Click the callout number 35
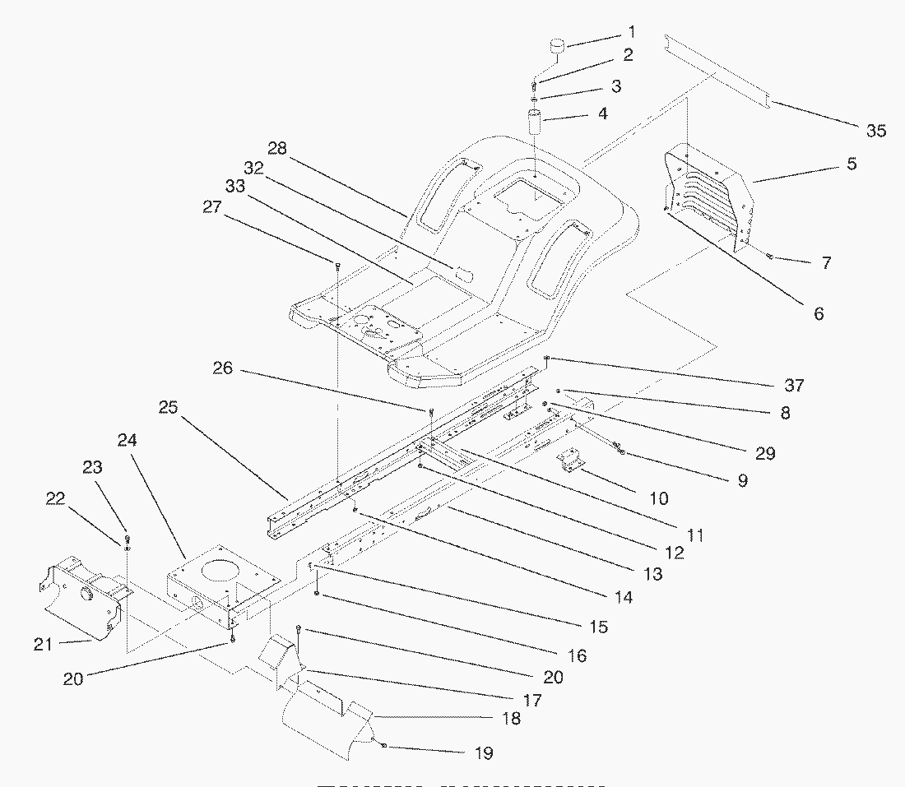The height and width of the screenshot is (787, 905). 875,130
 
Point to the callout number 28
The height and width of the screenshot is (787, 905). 277,148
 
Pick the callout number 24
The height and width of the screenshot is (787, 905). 128,440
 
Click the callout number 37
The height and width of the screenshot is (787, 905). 795,385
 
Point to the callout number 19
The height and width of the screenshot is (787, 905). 483,752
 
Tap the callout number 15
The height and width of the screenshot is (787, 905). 598,627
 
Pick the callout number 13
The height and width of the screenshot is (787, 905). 652,575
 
